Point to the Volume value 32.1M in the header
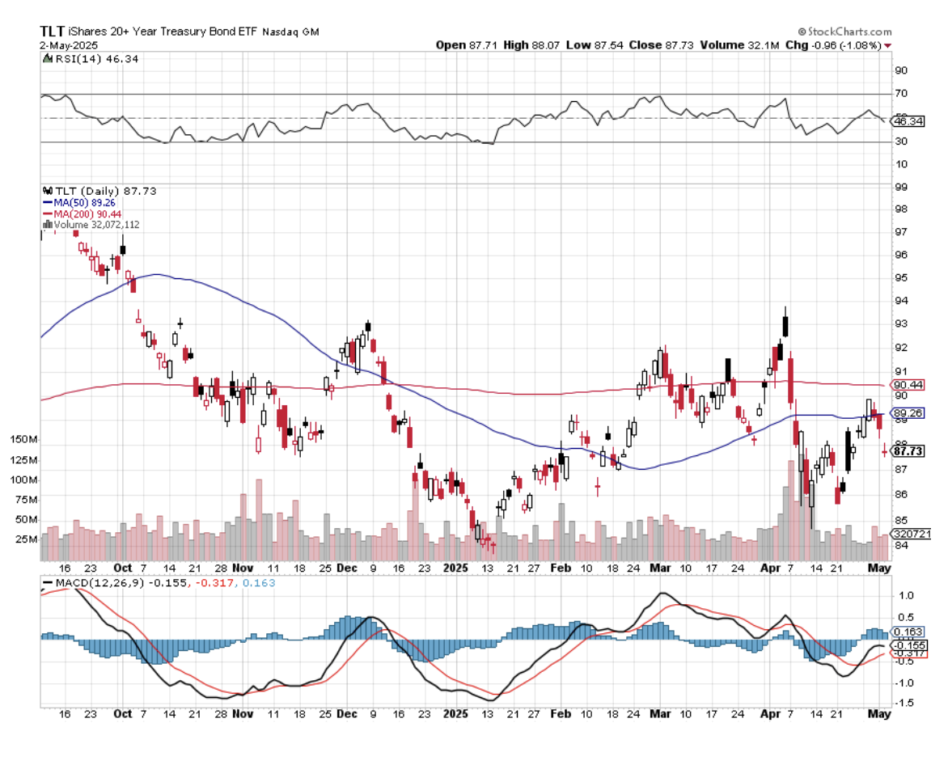tap(765, 45)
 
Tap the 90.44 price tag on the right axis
tap(906, 385)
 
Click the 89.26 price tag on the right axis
tap(906, 413)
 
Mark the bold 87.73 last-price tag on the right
tap(908, 450)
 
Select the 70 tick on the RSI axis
tap(899, 94)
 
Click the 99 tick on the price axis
tap(899, 187)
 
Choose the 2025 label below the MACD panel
tap(457, 714)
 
